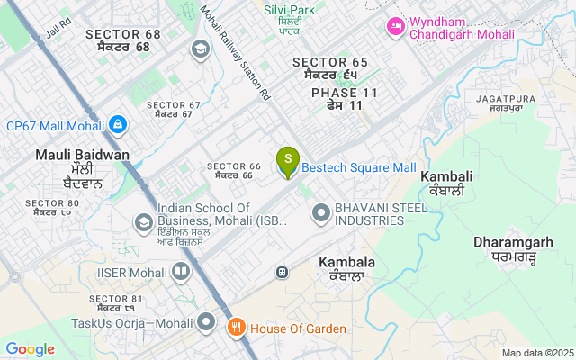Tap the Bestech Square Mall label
358,168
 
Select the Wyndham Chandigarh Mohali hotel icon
394,27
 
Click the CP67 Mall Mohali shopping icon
117,124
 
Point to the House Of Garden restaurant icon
236,328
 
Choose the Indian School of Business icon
143,221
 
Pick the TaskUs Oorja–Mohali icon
207,321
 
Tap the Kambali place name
446,183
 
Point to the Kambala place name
346,268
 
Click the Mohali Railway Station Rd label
235,54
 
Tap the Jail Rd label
58,27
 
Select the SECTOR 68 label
122,40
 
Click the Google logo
30,349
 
